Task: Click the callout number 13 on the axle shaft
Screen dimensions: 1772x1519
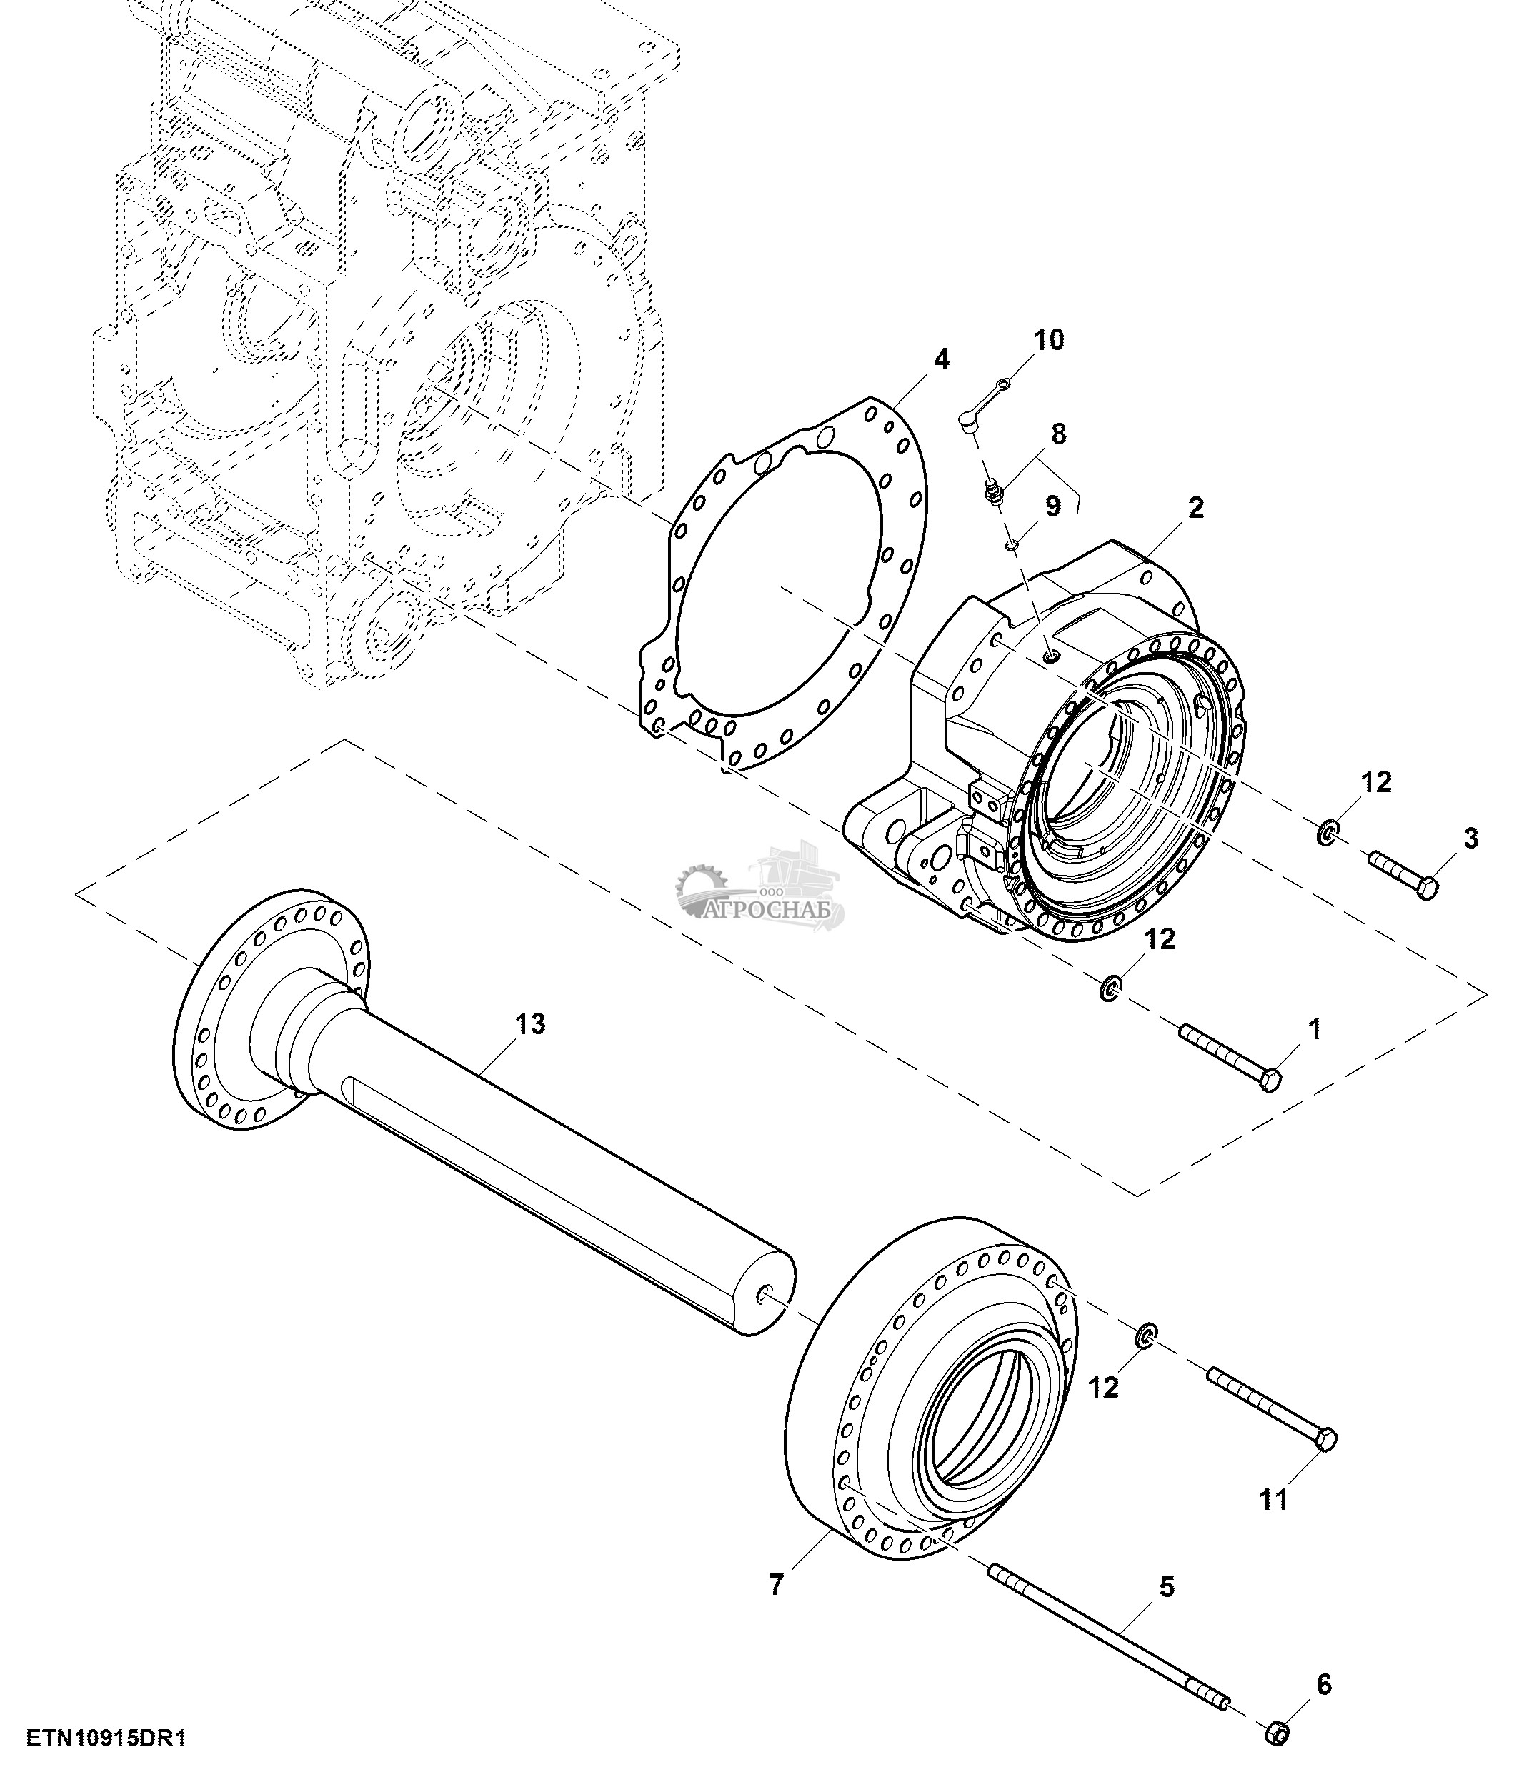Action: (x=530, y=1023)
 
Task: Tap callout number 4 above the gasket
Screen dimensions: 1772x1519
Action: (x=941, y=360)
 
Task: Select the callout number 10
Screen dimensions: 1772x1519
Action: (x=1049, y=341)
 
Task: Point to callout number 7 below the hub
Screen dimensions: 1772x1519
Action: (x=776, y=1586)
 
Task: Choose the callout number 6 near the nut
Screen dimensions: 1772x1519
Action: (x=1324, y=1686)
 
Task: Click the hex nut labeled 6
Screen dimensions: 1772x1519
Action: (x=1277, y=1734)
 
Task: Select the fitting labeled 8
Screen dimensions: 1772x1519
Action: (x=993, y=492)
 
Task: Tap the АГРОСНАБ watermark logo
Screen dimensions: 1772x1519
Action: (x=760, y=889)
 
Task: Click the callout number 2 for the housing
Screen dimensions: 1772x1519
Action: (x=1196, y=508)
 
